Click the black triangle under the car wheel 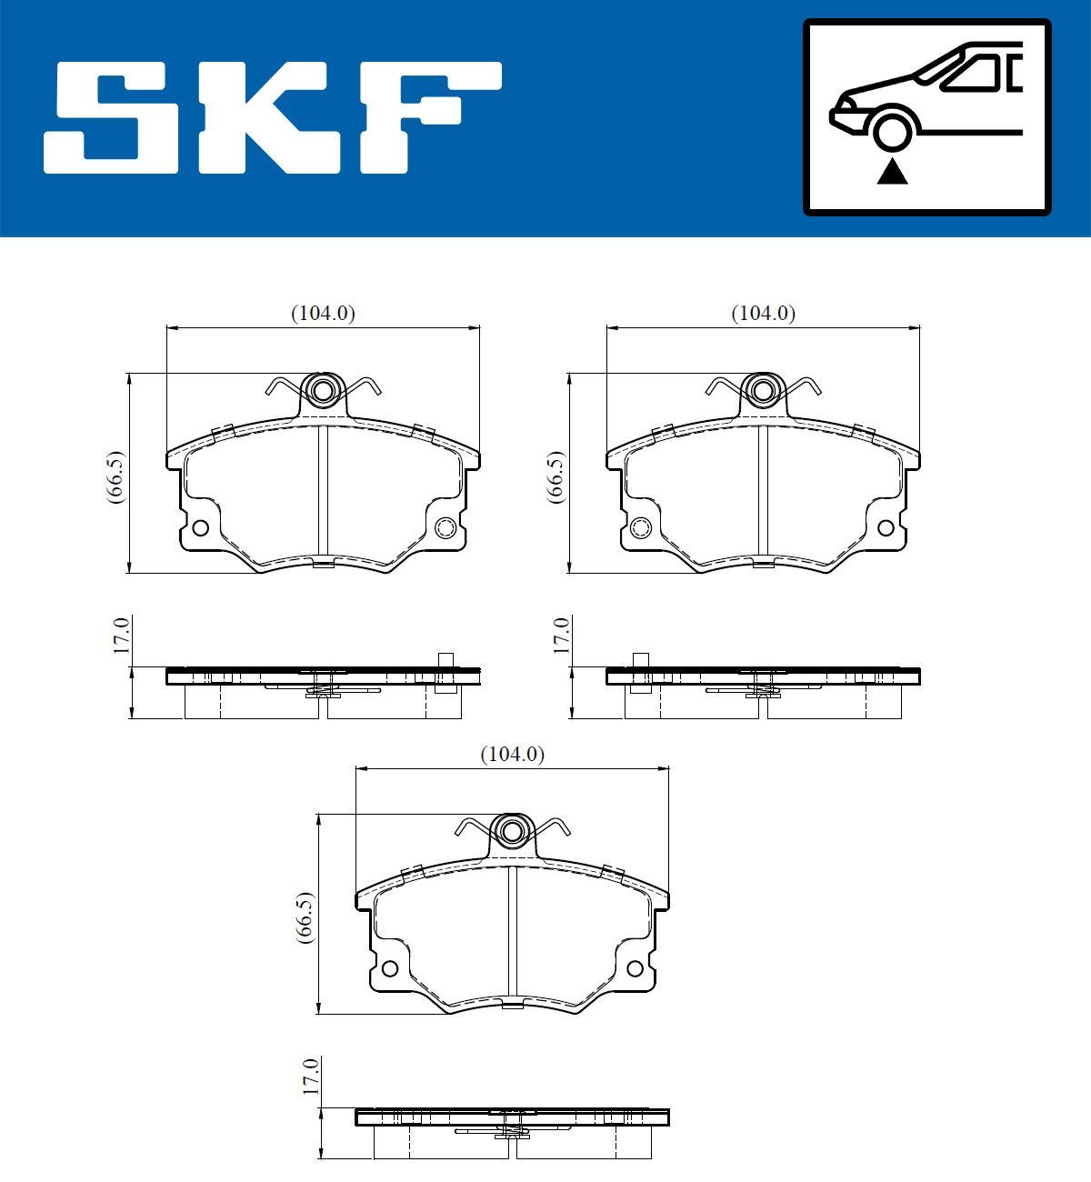coord(892,170)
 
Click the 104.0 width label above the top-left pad coord(323,313)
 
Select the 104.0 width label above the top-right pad coord(764,313)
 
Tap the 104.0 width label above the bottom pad coord(512,754)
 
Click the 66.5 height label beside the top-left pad coord(115,476)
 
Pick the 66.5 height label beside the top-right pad coord(556,476)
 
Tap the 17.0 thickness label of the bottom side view coord(311,1077)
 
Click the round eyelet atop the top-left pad coord(322,391)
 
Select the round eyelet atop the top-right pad coord(763,391)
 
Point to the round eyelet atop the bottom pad coord(512,831)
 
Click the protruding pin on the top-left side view coord(445,672)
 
